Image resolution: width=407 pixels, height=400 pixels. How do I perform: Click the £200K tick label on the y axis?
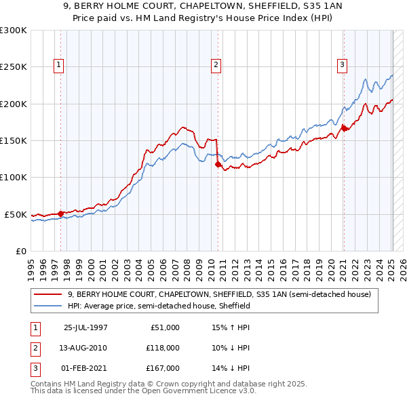click(13, 104)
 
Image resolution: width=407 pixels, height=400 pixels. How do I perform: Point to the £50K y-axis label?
click(15, 214)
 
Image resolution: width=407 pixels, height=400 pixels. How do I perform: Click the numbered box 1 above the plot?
click(60, 66)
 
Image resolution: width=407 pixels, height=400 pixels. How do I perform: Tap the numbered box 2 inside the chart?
click(216, 66)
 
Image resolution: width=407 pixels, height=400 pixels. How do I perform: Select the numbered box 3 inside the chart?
click(341, 66)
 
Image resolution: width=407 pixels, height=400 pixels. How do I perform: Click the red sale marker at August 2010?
click(218, 164)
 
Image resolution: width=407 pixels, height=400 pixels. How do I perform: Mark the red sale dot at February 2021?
click(344, 127)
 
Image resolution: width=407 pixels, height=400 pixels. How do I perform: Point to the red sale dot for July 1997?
click(61, 214)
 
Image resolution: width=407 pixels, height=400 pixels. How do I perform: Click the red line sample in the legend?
click(47, 294)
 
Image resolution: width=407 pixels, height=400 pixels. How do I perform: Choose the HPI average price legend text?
click(159, 306)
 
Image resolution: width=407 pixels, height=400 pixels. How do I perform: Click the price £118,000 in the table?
click(163, 348)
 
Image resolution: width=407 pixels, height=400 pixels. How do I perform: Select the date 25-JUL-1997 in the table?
click(85, 327)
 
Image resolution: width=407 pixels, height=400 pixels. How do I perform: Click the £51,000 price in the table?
click(166, 327)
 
